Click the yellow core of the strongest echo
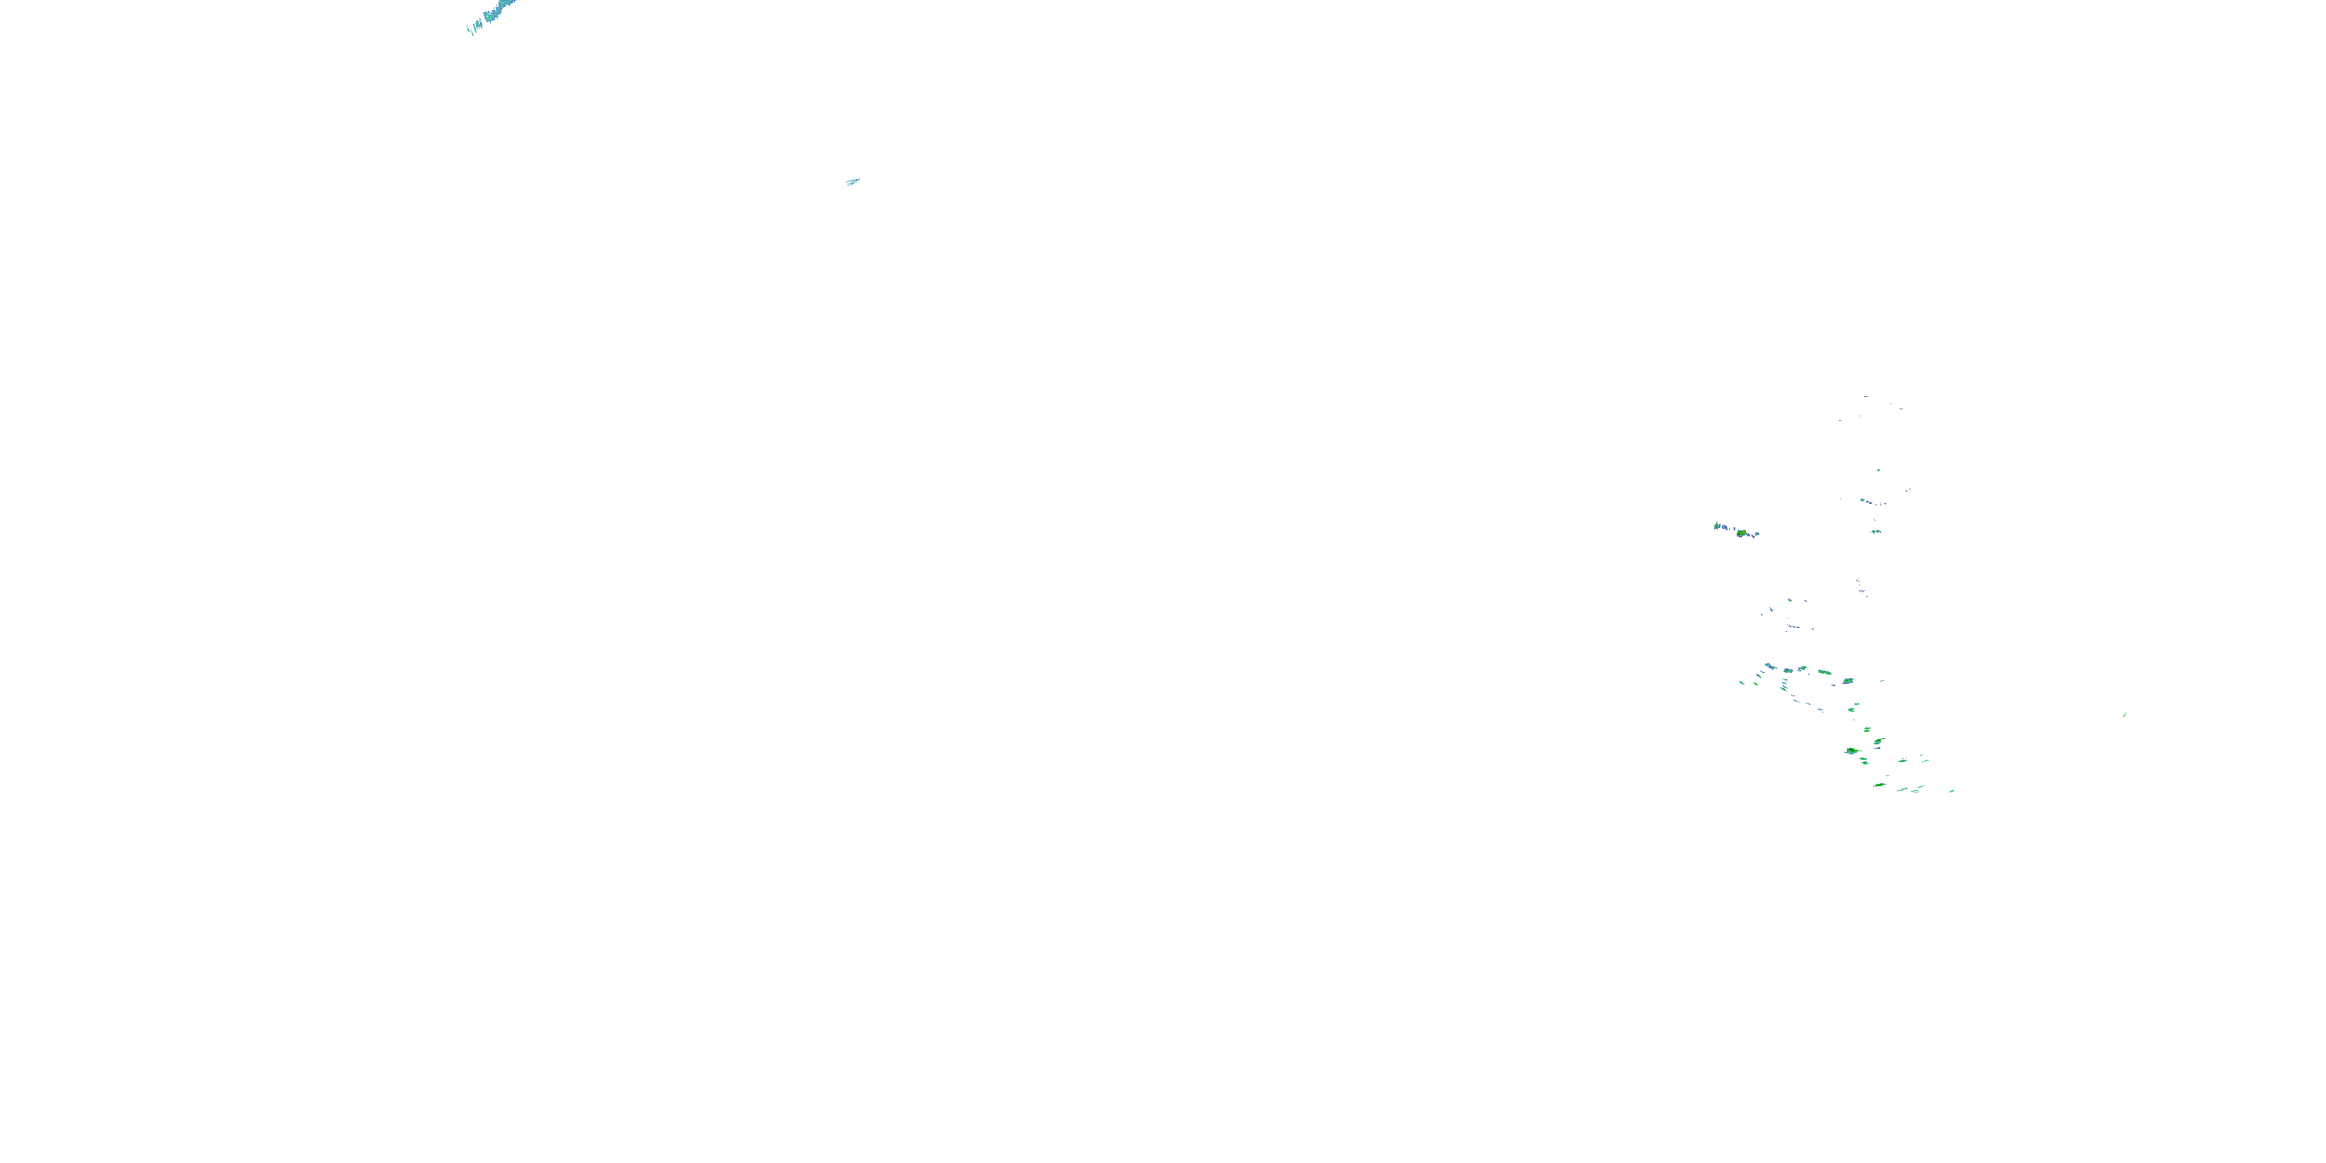pos(1741,533)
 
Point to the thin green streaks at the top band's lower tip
pos(471,29)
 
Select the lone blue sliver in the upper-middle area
pos(852,181)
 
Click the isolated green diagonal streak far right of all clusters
pos(2124,714)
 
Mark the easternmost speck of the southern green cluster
pos(1952,791)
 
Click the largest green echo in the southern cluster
pos(1851,751)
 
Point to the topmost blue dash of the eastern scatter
pos(1865,396)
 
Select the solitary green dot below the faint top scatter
pos(1879,470)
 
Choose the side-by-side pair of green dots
pos(1876,531)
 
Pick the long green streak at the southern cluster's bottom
pos(1879,785)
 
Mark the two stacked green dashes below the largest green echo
pos(1864,762)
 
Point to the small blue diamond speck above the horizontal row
pos(1790,600)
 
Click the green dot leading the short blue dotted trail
pos(1862,500)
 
